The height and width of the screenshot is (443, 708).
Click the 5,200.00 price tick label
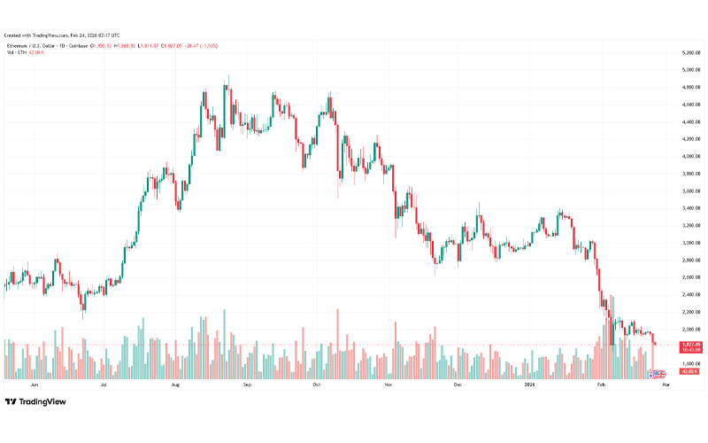click(692, 53)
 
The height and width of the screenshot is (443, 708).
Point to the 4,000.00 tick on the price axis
click(692, 157)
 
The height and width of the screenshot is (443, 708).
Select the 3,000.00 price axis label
click(692, 243)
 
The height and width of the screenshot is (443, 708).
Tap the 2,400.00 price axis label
click(692, 294)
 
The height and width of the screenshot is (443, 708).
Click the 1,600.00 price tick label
click(692, 363)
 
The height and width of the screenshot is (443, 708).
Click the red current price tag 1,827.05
click(692, 344)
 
